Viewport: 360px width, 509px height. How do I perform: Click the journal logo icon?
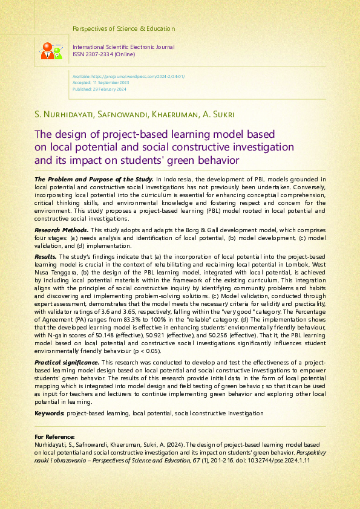pos(50,51)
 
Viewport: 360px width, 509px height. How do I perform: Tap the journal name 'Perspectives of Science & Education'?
pos(123,28)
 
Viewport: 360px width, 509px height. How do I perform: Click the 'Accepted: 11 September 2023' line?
pos(99,83)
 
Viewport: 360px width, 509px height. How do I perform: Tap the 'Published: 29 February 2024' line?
pos(99,89)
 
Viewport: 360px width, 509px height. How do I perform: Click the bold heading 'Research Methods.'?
pos(61,231)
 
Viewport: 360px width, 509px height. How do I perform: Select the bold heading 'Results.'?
pos(45,256)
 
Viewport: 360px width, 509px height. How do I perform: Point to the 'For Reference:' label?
pos(55,436)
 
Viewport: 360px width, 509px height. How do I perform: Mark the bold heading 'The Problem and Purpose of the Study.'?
pos(94,179)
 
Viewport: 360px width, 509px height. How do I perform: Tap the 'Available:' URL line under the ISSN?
pos(128,77)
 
